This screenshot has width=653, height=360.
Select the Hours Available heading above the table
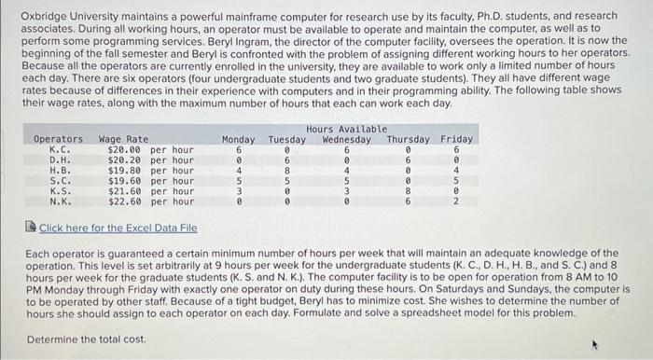pyautogui.click(x=345, y=129)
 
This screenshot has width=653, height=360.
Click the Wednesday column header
pyautogui.click(x=346, y=140)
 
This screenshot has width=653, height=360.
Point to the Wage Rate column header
pyautogui.click(x=123, y=140)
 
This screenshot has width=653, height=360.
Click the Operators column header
pyautogui.click(x=58, y=140)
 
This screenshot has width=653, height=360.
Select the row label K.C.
pyautogui.click(x=58, y=149)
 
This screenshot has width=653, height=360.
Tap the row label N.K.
pyautogui.click(x=58, y=201)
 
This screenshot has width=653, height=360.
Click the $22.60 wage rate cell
pyautogui.click(x=125, y=201)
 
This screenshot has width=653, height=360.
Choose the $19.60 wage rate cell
pyautogui.click(x=125, y=180)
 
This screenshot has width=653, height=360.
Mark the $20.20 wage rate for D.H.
pyautogui.click(x=125, y=159)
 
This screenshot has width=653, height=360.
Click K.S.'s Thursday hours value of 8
pyautogui.click(x=409, y=190)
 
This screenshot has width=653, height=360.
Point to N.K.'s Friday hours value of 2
pyautogui.click(x=456, y=201)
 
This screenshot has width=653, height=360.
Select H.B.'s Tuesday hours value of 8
pyautogui.click(x=286, y=170)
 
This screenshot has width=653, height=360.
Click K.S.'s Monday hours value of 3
pyautogui.click(x=240, y=190)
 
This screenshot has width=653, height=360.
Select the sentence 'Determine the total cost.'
pyautogui.click(x=87, y=339)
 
